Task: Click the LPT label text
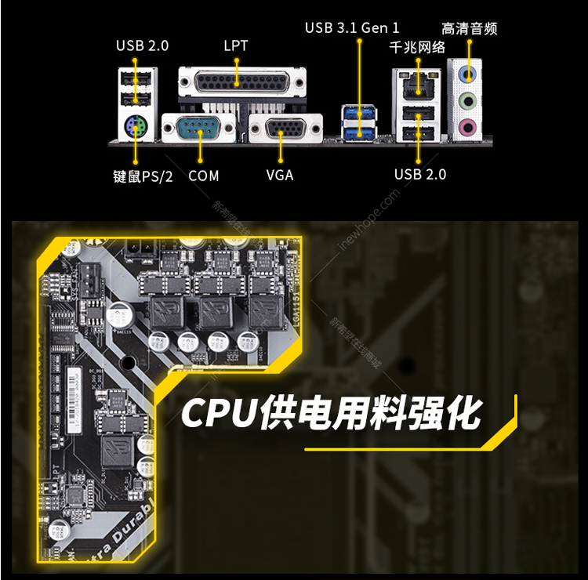click(x=235, y=45)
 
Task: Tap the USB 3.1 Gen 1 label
click(x=346, y=28)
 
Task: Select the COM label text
click(x=204, y=176)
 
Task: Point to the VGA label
click(x=280, y=175)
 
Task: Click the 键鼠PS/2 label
click(x=143, y=176)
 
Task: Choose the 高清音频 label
click(x=470, y=29)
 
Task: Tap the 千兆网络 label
click(x=418, y=48)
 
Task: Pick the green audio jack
click(x=469, y=100)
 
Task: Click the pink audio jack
click(x=469, y=125)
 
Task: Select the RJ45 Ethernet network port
click(x=417, y=85)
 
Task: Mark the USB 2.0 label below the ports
click(x=420, y=174)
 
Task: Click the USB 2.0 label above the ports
click(x=142, y=45)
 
